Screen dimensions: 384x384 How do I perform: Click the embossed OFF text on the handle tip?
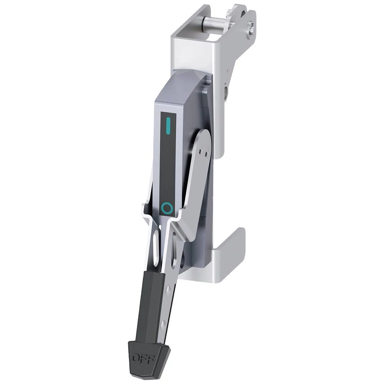click(143, 359)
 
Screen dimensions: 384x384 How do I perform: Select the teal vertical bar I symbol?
click(168, 126)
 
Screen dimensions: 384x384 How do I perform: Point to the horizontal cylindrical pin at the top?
click(215, 26)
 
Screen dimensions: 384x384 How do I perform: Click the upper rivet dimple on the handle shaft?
click(168, 290)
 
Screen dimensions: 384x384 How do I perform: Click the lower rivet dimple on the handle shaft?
click(162, 325)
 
